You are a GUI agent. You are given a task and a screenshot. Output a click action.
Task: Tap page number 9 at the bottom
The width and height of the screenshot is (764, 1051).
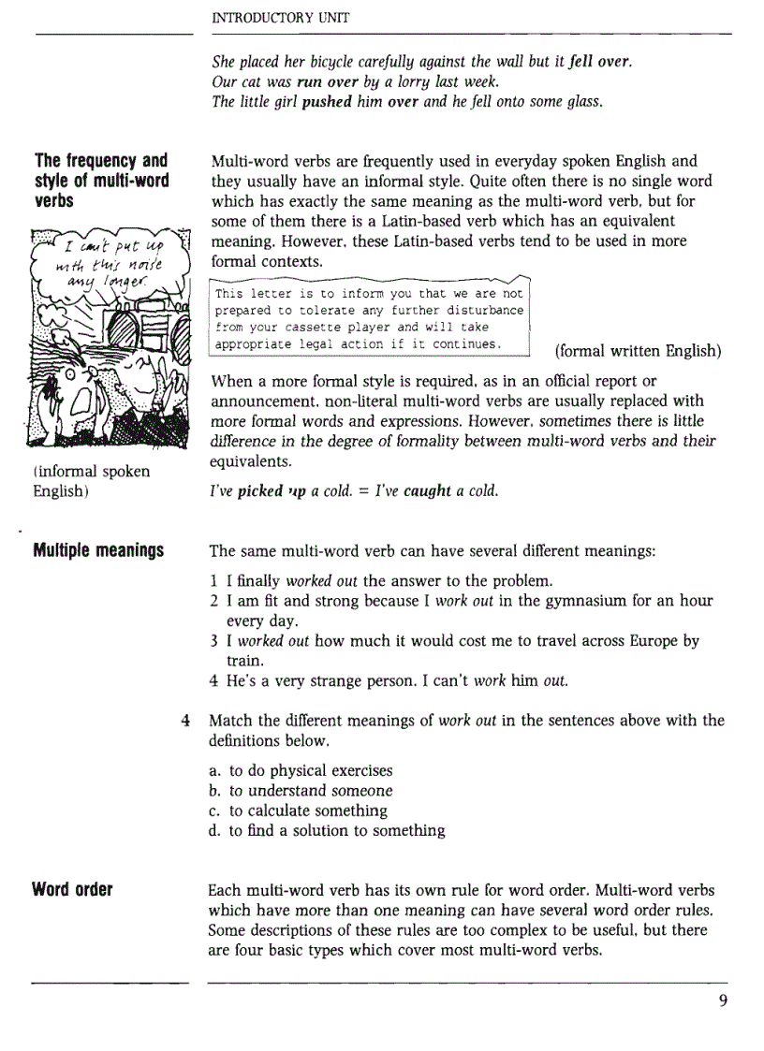[723, 1000]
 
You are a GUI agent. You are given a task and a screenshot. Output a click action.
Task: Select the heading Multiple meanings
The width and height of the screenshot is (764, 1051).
[98, 550]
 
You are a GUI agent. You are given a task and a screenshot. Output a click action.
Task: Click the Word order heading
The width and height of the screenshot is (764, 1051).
[73, 889]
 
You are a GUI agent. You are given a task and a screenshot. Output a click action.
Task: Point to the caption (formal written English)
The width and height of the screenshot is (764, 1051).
[638, 351]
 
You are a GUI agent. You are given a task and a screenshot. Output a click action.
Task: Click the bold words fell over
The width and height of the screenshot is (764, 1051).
[600, 62]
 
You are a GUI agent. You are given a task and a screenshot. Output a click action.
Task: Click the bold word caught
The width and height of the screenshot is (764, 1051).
[428, 490]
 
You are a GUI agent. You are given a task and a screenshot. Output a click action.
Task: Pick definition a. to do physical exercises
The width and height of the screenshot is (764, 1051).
[301, 770]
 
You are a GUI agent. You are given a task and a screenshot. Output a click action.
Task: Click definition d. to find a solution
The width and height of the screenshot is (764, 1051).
[327, 830]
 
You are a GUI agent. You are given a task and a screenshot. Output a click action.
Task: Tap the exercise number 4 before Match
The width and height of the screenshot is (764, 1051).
[185, 721]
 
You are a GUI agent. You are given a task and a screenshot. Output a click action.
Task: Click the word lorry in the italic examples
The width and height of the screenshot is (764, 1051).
[379, 81]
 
